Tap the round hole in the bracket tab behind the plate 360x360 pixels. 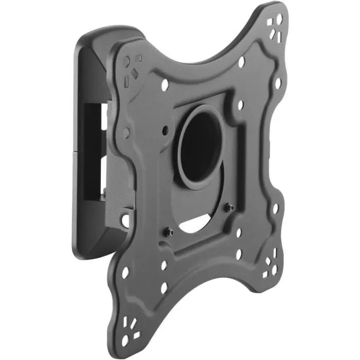[125, 220]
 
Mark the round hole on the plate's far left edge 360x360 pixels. [126, 132]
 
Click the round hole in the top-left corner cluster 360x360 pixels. [127, 61]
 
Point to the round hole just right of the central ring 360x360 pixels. [240, 105]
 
